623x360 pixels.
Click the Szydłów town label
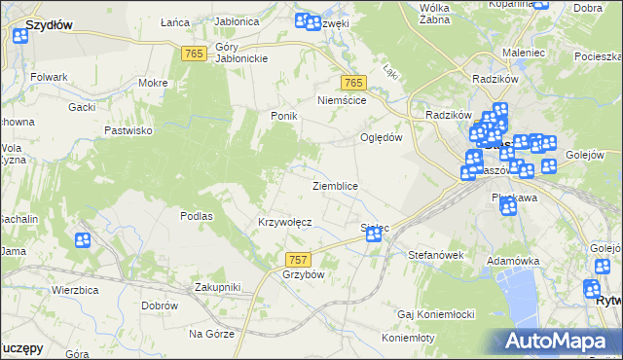[x=49, y=24]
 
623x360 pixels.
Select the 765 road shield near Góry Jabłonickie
[x=193, y=54]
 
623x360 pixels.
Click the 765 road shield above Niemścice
[x=352, y=83]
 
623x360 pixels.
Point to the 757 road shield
[x=299, y=259]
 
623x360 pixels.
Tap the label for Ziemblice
[x=335, y=186]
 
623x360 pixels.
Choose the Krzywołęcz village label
[x=284, y=222]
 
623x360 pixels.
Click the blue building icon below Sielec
[x=373, y=234]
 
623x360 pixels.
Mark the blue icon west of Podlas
[x=83, y=239]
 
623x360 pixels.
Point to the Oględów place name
[x=382, y=137]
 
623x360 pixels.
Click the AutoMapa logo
[x=566, y=341]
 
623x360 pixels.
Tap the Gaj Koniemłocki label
[x=436, y=314]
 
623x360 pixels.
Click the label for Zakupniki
[x=217, y=287]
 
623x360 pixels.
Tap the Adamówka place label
[x=513, y=262]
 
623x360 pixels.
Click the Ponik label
[x=283, y=116]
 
